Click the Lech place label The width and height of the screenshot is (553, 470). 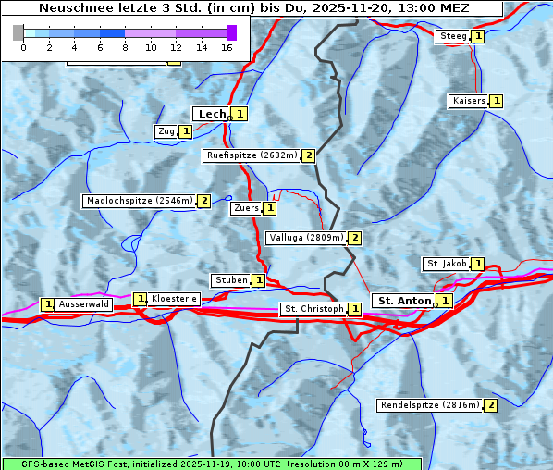[211, 114]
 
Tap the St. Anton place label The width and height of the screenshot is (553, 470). [404, 301]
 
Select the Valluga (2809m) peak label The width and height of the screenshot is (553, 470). [306, 238]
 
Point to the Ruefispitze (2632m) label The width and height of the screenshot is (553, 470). [252, 155]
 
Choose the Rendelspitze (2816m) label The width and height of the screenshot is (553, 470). [430, 405]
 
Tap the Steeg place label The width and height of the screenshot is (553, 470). [453, 36]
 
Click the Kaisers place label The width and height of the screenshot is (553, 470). [469, 101]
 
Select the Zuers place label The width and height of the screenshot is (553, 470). [246, 209]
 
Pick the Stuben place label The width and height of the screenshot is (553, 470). [231, 280]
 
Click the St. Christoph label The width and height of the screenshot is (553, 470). [313, 309]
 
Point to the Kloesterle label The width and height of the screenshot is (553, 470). [174, 299]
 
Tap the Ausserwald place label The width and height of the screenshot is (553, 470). [84, 304]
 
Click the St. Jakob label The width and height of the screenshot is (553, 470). [447, 264]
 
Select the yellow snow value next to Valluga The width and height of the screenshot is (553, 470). [354, 238]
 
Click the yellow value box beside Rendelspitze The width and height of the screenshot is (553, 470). [491, 405]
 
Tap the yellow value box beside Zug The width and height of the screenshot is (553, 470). [185, 131]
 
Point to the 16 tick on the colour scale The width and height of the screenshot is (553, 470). [227, 46]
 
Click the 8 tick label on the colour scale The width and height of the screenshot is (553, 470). [125, 46]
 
